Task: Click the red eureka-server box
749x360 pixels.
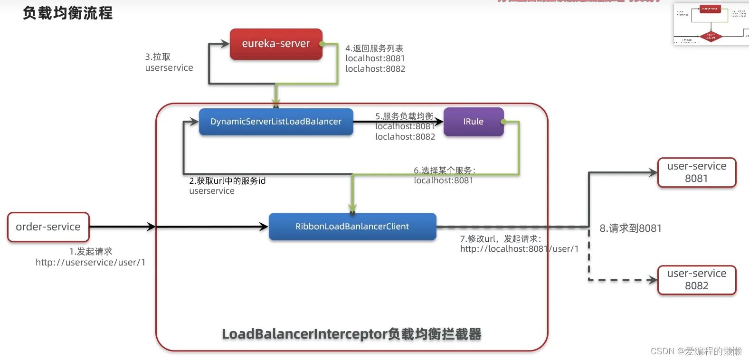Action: tap(276, 44)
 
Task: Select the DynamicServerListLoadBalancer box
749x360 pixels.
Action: tap(276, 122)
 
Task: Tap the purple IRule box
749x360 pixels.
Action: tap(473, 122)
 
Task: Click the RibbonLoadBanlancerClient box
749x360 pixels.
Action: tap(352, 227)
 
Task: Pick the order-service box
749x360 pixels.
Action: tap(48, 227)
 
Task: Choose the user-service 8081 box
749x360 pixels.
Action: tap(696, 172)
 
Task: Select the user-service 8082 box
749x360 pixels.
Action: tap(696, 280)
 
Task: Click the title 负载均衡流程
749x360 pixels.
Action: tap(68, 13)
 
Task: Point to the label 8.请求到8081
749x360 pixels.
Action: tap(630, 228)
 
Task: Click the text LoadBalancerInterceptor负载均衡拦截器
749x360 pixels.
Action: tap(351, 334)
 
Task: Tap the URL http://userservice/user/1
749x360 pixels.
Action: tap(90, 263)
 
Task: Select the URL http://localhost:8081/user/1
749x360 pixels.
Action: tap(519, 249)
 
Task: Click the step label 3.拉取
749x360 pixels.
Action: tap(158, 57)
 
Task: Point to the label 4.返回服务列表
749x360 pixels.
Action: tap(374, 48)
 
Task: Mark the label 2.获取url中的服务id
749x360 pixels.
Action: tap(227, 181)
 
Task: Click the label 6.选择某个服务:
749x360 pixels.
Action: tap(444, 170)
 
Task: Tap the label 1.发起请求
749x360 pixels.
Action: tap(91, 251)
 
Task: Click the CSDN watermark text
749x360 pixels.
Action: tap(696, 351)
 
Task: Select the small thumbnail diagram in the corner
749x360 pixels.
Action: tap(711, 24)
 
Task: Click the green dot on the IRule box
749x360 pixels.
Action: tap(503, 122)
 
